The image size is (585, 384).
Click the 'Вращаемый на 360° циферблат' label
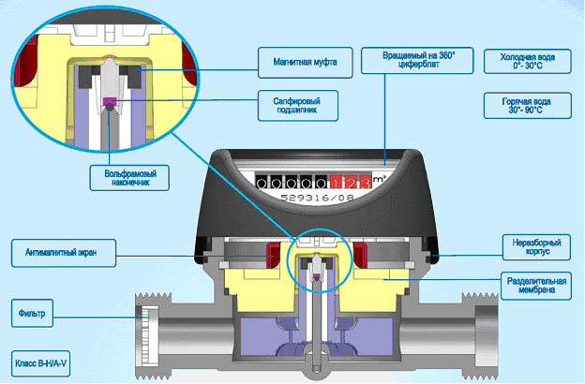click(x=418, y=63)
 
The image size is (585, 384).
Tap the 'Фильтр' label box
click(x=38, y=309)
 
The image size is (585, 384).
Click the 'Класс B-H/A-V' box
click(x=44, y=361)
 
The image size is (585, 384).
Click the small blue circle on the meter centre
click(x=317, y=257)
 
